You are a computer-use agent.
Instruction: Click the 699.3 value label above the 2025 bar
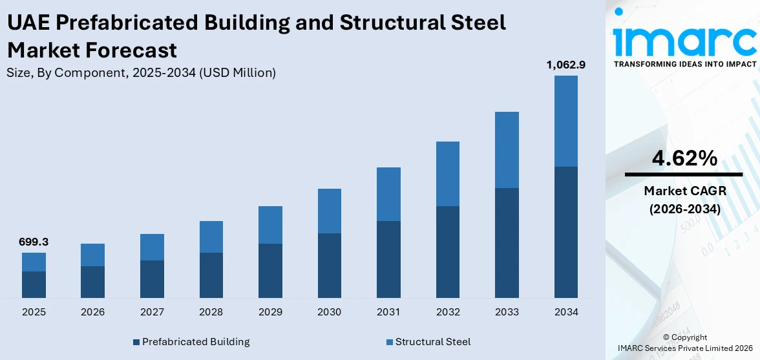point(34,242)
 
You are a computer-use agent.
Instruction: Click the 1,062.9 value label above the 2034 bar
point(565,65)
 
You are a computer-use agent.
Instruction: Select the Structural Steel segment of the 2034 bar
point(565,121)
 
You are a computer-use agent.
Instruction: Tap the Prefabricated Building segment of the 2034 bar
point(565,232)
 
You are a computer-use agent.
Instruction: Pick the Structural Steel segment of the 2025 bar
point(34,262)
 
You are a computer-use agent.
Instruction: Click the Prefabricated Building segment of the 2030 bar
point(329,265)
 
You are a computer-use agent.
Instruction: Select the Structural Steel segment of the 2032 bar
point(447,174)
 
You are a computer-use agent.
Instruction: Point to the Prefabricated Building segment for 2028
point(211,275)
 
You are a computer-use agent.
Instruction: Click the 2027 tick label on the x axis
point(152,312)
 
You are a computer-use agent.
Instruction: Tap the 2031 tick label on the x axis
point(388,312)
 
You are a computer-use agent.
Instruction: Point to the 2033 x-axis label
point(507,312)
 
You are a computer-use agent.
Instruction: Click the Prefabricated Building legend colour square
point(136,342)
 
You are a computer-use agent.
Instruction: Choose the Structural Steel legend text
point(432,342)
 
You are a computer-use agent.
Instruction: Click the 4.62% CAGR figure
point(684,158)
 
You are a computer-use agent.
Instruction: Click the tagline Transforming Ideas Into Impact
point(684,64)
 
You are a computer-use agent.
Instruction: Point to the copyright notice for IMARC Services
point(684,343)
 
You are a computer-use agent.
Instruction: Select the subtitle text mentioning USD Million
point(141,73)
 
